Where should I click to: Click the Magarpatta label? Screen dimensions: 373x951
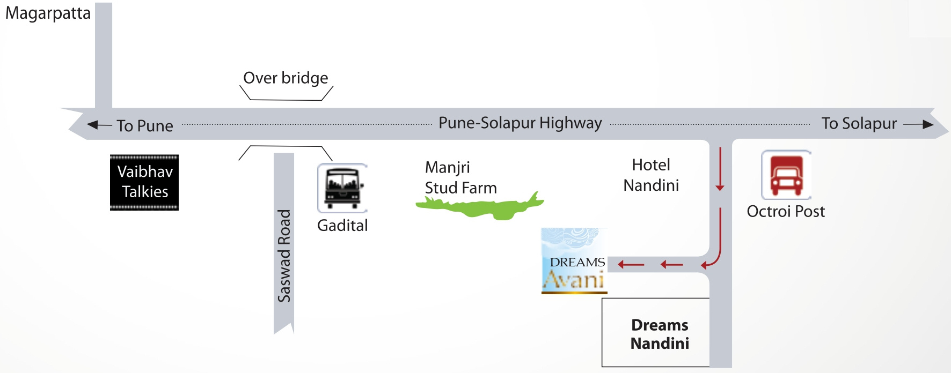(48, 13)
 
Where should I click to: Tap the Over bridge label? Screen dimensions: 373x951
(286, 78)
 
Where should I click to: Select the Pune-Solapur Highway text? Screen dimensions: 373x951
(520, 123)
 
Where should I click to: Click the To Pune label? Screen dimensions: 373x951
(145, 126)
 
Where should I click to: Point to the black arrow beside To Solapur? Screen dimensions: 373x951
(918, 124)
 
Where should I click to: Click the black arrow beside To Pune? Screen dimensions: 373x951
(99, 125)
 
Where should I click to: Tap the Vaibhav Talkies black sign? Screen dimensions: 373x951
(144, 182)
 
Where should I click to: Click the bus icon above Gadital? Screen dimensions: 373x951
(342, 188)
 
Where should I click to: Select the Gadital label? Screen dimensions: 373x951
(342, 226)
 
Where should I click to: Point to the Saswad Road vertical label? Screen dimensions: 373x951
(284, 256)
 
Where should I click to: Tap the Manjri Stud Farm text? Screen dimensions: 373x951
(460, 177)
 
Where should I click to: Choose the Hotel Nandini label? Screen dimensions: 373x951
(651, 175)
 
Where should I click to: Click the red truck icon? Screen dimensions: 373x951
(786, 175)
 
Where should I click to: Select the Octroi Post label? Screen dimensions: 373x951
(786, 212)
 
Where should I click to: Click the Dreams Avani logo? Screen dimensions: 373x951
(574, 261)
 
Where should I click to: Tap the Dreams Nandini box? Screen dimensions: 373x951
(660, 333)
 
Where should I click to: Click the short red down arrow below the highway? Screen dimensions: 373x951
(720, 169)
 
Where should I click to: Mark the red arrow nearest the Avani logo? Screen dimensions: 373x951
(631, 264)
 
